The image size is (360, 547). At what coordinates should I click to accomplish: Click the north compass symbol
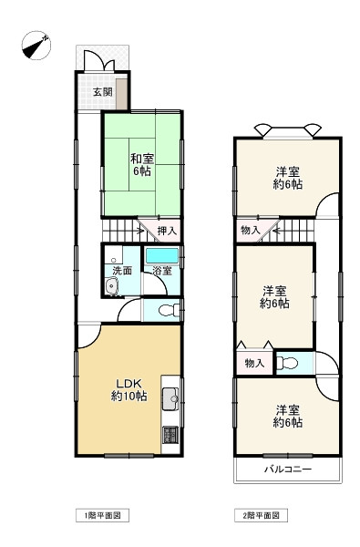[x=36, y=46]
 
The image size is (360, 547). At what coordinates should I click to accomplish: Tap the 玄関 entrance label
[x=103, y=92]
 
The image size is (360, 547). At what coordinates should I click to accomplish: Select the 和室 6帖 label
[x=142, y=165]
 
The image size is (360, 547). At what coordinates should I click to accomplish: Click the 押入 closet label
[x=167, y=231]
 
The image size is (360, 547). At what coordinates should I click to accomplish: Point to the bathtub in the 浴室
[x=162, y=255]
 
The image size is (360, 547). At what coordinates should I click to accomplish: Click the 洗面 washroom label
[x=122, y=270]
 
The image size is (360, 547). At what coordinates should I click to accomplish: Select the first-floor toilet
[x=169, y=310]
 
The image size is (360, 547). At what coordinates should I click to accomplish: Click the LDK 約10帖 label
[x=129, y=390]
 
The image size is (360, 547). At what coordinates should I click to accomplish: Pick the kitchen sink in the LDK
[x=170, y=398]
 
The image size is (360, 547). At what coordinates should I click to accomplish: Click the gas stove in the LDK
[x=170, y=435]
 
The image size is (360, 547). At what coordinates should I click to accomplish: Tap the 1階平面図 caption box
[x=103, y=515]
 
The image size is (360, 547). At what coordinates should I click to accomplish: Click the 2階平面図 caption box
[x=261, y=515]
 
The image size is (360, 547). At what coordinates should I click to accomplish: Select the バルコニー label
[x=287, y=469]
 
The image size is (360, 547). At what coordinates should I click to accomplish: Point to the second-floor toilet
[x=287, y=363]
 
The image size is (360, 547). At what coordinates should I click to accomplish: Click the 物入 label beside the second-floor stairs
[x=251, y=230]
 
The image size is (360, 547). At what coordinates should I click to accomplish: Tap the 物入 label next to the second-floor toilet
[x=254, y=363]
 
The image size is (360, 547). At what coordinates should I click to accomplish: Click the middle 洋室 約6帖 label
[x=274, y=297]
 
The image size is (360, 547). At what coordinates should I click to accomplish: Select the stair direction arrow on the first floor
[x=140, y=231]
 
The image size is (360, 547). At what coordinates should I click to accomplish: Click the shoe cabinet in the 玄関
[x=121, y=94]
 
